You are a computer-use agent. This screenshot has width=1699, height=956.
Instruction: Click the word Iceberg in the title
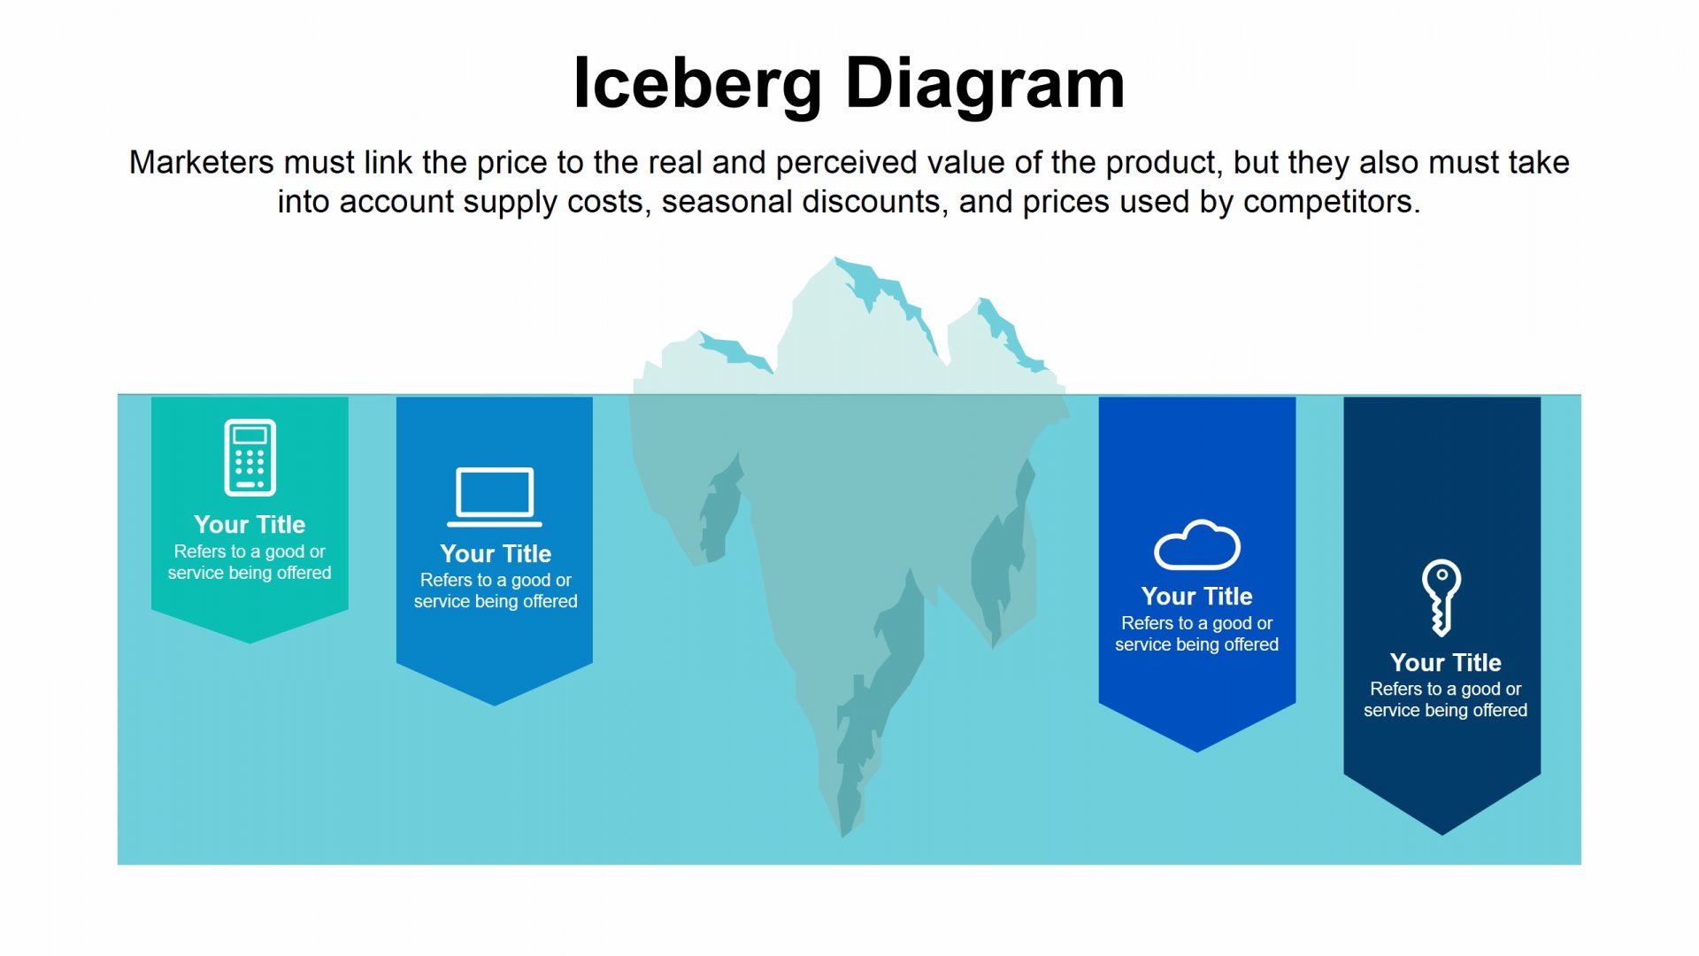(x=697, y=84)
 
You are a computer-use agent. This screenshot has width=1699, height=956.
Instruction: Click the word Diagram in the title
(x=985, y=84)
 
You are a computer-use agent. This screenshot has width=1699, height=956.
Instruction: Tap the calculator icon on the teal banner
(x=250, y=457)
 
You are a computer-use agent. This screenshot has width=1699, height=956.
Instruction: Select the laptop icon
(x=495, y=497)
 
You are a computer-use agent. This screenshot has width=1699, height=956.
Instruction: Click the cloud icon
(x=1197, y=544)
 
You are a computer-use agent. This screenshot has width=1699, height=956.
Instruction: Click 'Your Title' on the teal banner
(x=250, y=524)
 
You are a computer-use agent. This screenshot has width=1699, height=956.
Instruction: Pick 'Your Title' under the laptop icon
(x=496, y=553)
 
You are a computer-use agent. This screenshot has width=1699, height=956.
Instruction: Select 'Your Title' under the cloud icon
(x=1197, y=596)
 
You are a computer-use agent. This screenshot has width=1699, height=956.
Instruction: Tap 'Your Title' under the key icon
(x=1446, y=662)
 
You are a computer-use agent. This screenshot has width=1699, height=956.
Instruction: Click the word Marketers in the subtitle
(x=202, y=163)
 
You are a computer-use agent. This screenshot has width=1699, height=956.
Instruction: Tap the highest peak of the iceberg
(x=835, y=258)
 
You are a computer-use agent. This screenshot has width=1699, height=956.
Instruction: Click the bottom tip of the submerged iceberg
(x=843, y=836)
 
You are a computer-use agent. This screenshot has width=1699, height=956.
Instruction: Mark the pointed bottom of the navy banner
(x=1442, y=834)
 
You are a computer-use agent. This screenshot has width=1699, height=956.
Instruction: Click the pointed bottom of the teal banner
(x=250, y=643)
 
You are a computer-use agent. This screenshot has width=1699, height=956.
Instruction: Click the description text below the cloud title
(x=1197, y=634)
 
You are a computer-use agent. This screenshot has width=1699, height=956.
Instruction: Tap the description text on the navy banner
(x=1446, y=699)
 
